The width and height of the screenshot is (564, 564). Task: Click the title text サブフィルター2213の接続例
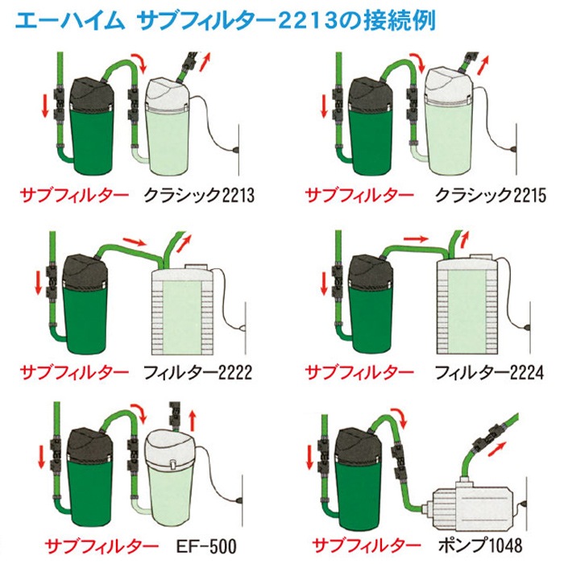(x=287, y=21)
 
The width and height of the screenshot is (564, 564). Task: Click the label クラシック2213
(x=199, y=196)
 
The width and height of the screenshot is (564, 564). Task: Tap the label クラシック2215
(x=491, y=196)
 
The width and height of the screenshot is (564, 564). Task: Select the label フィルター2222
(x=198, y=372)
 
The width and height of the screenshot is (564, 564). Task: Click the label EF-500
(x=206, y=545)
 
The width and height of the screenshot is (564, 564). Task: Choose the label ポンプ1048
(x=480, y=545)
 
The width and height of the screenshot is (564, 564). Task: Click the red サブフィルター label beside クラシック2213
(x=74, y=196)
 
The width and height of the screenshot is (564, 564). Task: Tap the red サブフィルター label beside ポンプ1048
(x=367, y=545)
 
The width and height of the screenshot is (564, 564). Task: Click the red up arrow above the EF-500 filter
(x=193, y=420)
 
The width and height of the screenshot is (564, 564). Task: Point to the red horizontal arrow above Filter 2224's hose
(x=417, y=238)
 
